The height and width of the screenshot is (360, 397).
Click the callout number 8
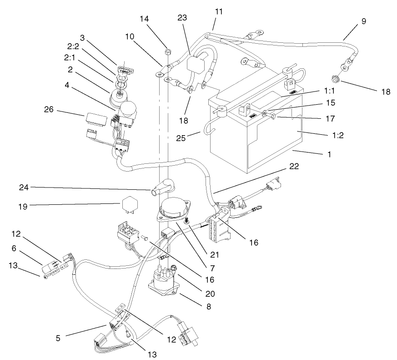point(209,306)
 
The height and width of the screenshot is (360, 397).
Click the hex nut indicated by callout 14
point(168,51)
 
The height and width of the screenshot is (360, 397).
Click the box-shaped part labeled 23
point(197,65)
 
